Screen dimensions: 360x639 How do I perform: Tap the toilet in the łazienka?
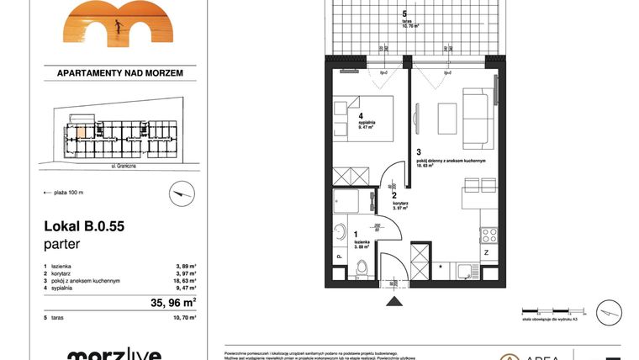click(362, 267)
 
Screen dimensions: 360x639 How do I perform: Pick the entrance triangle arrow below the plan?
click(393, 300)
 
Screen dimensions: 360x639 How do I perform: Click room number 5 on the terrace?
click(404, 14)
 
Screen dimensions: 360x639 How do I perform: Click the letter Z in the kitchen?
click(486, 251)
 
